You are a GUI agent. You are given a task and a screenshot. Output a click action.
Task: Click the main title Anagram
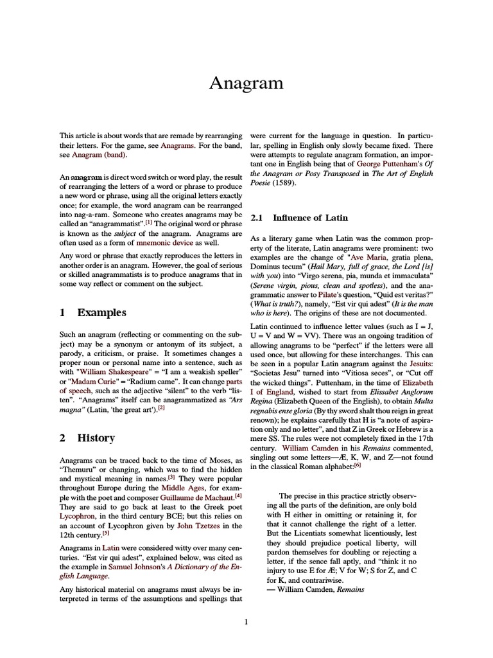coord(246,83)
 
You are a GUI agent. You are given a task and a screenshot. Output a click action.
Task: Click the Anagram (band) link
coord(99,155)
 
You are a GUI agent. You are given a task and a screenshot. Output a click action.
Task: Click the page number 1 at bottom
coord(246,622)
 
